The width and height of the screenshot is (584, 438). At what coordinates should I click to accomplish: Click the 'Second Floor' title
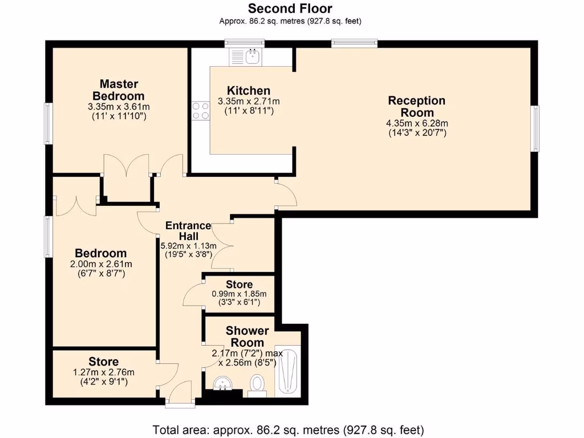pos(290,9)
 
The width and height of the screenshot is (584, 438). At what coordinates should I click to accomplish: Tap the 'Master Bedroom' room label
pos(119,90)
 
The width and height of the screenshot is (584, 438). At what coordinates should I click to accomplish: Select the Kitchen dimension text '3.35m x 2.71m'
pos(249,102)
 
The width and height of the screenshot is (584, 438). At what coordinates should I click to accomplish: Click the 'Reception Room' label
pos(416,107)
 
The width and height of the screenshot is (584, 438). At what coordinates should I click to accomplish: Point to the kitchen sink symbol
pos(252,56)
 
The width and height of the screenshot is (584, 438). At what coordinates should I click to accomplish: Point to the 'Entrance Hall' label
pos(189,231)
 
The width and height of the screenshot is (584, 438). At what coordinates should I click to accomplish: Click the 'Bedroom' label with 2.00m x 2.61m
pos(101,253)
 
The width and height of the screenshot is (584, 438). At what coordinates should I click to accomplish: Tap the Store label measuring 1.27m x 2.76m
pos(104,362)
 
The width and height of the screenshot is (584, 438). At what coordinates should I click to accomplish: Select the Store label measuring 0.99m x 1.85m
pos(239,285)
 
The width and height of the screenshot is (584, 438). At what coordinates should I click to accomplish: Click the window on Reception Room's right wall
pos(535,129)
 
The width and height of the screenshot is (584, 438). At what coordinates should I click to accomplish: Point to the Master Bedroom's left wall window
pos(48,123)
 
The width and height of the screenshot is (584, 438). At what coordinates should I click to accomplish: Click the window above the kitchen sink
pos(244,42)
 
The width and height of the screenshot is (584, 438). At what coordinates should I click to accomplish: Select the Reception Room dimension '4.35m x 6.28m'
pos(416,123)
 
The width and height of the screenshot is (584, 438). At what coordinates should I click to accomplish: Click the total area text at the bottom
pos(288,429)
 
